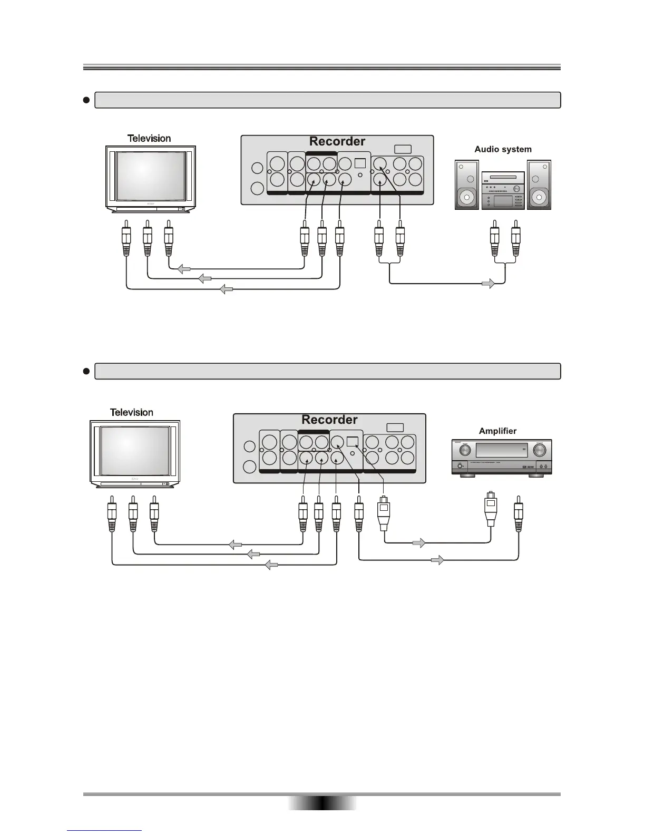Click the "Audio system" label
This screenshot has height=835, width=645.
503,149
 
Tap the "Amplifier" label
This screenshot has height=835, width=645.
497,431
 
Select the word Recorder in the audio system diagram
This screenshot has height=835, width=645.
337,141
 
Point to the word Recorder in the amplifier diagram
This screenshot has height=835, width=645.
329,420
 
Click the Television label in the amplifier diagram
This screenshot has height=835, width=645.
131,412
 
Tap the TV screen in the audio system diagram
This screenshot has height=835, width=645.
151,176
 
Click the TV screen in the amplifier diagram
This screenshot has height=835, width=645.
135,451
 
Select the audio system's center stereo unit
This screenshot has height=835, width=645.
503,190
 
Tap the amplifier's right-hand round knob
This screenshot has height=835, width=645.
539,450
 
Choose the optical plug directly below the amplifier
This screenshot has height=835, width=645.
491,509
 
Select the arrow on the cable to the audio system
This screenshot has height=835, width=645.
488,284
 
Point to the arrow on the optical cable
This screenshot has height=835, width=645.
418,542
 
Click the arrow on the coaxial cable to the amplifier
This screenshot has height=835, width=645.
437,560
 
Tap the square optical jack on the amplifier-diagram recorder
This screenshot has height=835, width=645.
353,442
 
